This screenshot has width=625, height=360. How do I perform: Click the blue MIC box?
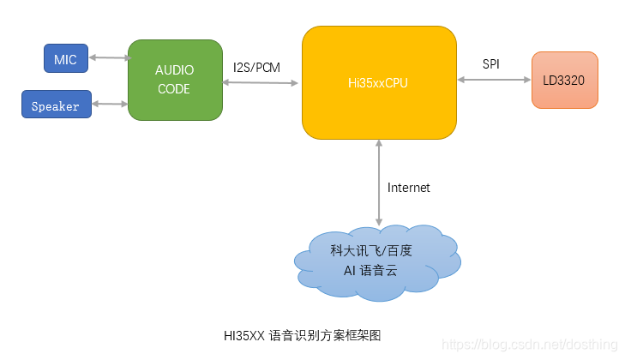(x=65, y=58)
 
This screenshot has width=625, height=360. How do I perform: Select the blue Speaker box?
(x=56, y=105)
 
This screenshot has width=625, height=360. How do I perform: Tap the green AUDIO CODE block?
(x=174, y=79)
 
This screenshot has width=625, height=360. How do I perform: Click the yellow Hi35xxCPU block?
(x=378, y=82)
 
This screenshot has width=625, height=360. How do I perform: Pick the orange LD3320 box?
(x=564, y=80)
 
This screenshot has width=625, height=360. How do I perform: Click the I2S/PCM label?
(x=256, y=67)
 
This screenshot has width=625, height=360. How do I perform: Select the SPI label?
(x=492, y=64)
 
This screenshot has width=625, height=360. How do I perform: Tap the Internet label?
(x=408, y=188)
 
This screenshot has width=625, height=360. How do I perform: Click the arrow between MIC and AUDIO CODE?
(x=108, y=58)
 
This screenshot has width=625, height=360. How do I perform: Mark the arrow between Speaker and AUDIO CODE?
(x=109, y=105)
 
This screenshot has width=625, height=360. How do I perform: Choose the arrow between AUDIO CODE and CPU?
(x=261, y=82)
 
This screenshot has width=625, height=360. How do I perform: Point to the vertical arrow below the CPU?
(x=378, y=184)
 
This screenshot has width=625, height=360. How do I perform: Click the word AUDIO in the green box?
(x=174, y=70)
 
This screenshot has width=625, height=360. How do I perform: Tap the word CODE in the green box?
(x=174, y=88)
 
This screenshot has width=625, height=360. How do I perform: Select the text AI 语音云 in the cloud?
(x=371, y=270)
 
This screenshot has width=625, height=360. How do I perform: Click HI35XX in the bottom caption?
(x=243, y=335)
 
